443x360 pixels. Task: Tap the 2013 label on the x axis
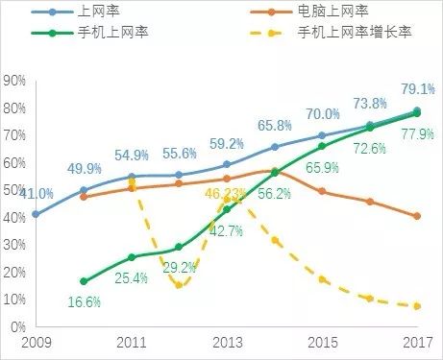point(226,344)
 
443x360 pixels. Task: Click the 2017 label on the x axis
point(416,344)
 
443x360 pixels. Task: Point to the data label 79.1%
point(415,89)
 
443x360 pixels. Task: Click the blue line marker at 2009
point(35,214)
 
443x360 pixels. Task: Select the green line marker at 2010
point(84,281)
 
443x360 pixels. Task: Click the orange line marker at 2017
point(417,216)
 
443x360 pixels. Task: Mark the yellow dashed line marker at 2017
point(417,306)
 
